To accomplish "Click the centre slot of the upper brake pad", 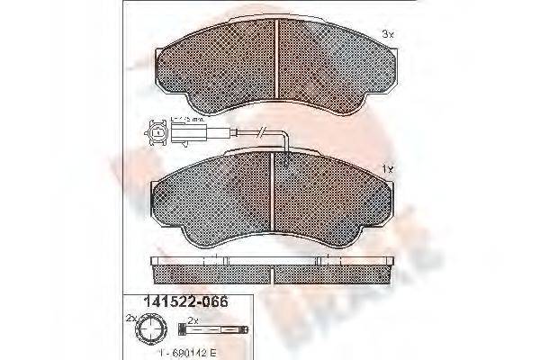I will pos(277,57).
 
